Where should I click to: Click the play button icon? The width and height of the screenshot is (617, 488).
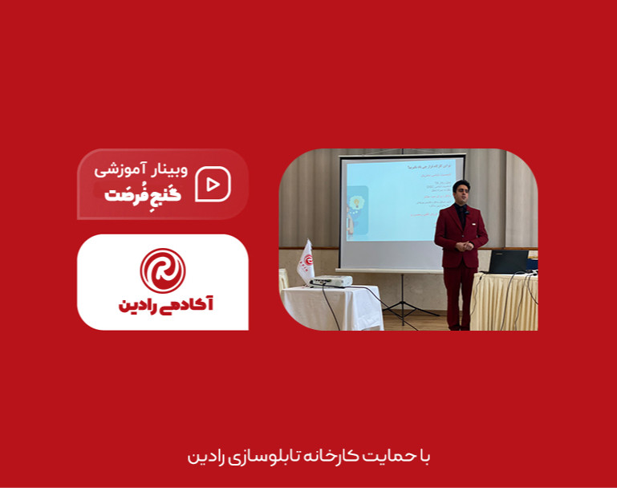[x=213, y=185]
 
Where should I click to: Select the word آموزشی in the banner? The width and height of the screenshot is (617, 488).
[x=121, y=170]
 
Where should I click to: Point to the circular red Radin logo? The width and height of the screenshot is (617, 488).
[x=163, y=270]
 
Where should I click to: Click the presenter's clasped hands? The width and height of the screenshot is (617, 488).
[x=461, y=242]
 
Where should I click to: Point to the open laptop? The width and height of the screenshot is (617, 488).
[x=508, y=262]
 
